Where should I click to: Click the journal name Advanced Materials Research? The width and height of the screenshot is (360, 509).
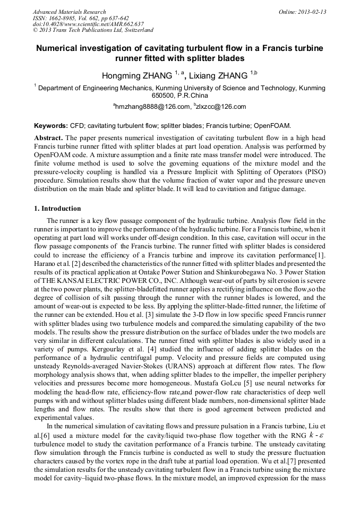tap(69, 12)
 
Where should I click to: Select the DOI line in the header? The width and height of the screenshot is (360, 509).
tap(88, 24)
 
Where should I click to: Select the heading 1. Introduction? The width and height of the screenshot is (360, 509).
tap(57, 209)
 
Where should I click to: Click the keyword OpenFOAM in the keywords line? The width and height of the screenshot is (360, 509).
tap(272, 126)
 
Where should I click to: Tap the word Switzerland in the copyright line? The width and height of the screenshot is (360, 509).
tap(135, 30)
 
